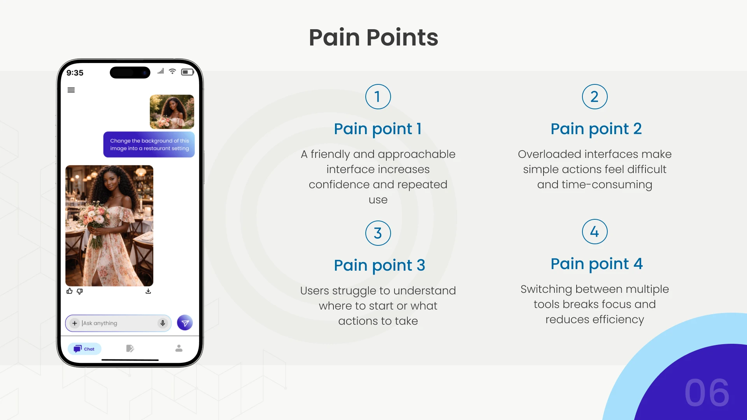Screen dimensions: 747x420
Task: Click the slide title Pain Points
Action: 373,37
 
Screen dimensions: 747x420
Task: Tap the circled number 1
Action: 378,96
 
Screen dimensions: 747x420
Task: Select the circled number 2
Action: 594,96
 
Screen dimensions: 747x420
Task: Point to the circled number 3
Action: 378,233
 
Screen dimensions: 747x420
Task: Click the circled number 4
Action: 594,231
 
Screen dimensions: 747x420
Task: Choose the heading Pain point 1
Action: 378,129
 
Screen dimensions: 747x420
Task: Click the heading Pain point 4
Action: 596,264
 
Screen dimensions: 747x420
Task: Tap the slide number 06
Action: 707,393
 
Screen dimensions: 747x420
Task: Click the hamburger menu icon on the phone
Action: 71,90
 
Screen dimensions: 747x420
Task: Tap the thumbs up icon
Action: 70,291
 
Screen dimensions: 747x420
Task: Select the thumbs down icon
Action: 80,291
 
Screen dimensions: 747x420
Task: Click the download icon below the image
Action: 148,291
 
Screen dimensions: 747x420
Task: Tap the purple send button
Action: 185,323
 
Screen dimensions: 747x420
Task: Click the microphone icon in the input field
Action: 163,323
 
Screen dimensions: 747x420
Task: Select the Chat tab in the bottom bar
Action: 84,348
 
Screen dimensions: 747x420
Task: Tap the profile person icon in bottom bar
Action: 179,348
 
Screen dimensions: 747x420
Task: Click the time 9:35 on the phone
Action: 75,73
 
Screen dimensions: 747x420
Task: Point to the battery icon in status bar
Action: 188,72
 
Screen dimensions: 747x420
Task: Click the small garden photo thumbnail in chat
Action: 172,112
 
